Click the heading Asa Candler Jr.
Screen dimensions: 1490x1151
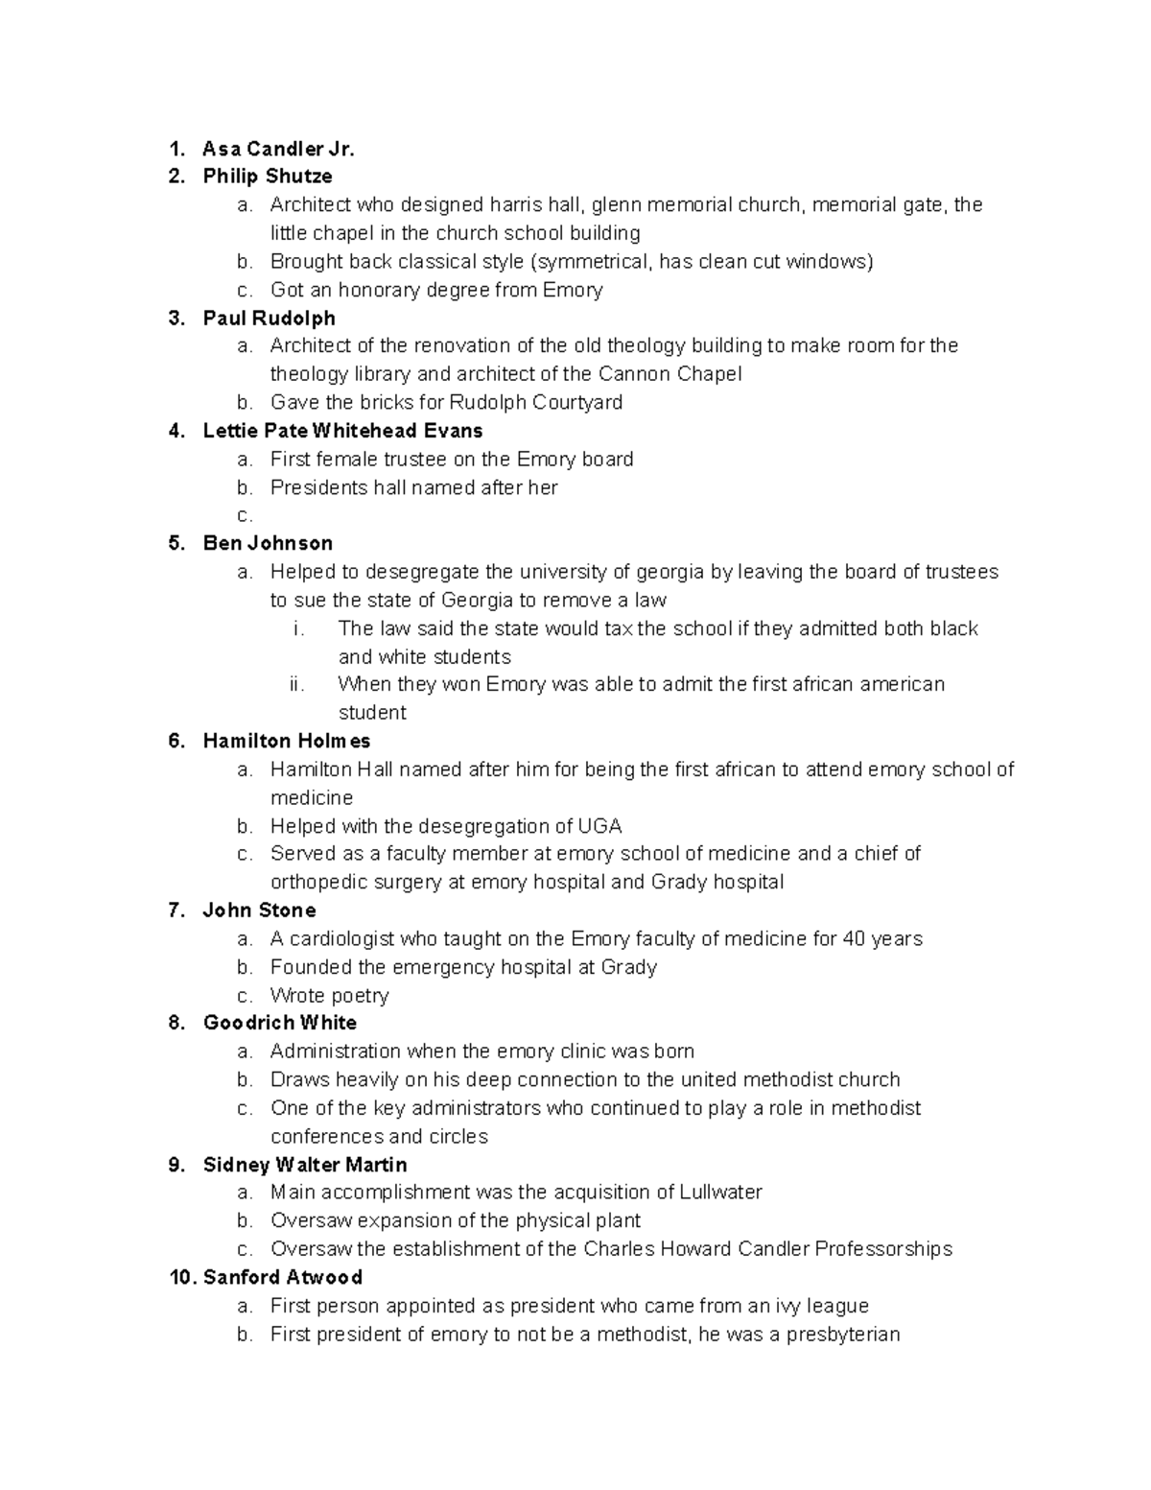pyautogui.click(x=278, y=149)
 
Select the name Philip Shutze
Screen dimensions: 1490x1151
pyautogui.click(x=268, y=177)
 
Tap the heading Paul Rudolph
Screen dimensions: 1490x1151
pyautogui.click(x=269, y=318)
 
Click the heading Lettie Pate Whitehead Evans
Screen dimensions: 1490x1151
pyautogui.click(x=342, y=431)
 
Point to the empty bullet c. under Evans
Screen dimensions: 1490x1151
pyautogui.click(x=246, y=516)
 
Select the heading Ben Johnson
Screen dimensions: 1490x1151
pyautogui.click(x=268, y=543)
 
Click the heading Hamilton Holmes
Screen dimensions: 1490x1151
pyautogui.click(x=287, y=741)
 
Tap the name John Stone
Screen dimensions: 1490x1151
pyautogui.click(x=259, y=911)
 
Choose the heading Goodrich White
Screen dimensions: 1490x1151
pyautogui.click(x=279, y=1023)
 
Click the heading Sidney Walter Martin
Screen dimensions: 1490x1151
pyautogui.click(x=305, y=1165)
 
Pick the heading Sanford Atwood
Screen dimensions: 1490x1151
pyautogui.click(x=283, y=1277)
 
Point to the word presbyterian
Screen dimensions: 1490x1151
pyautogui.click(x=843, y=1335)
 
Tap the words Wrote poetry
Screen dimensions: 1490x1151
pyautogui.click(x=329, y=996)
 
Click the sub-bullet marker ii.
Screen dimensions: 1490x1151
pyautogui.click(x=296, y=685)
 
